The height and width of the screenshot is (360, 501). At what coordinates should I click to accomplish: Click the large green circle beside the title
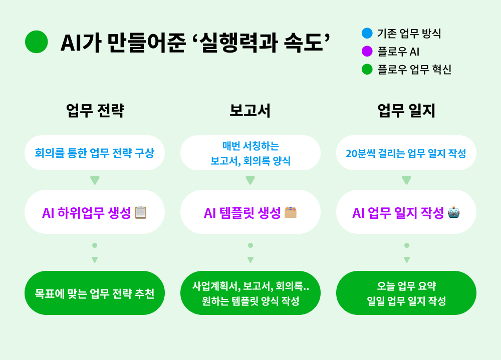37,42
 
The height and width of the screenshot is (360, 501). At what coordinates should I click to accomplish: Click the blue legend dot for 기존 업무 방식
367,33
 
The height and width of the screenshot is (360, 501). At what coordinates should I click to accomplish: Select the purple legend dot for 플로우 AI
367,51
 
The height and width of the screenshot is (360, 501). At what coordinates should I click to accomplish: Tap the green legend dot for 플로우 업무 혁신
367,69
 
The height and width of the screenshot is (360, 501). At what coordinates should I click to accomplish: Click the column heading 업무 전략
95,111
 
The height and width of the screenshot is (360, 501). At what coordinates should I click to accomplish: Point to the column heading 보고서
250,111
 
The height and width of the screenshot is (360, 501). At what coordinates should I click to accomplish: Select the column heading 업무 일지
406,111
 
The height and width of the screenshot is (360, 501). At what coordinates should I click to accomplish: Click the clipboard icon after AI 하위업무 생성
141,212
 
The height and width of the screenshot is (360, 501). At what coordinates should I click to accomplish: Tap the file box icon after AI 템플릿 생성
291,212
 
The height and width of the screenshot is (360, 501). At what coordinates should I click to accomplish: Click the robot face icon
454,212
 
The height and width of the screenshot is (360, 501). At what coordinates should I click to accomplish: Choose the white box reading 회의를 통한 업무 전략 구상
95,153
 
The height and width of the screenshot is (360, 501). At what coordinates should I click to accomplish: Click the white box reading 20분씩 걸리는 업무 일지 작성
406,153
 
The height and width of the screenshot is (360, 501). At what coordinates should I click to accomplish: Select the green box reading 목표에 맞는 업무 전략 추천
95,293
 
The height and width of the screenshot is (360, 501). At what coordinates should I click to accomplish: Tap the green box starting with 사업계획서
250,293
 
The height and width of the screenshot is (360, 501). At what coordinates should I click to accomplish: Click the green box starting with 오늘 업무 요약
406,293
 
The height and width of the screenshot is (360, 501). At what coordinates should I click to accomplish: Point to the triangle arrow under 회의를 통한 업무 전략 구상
95,180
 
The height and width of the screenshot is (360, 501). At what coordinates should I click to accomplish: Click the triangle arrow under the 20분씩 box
406,180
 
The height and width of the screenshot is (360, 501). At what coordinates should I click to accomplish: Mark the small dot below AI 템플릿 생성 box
250,245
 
